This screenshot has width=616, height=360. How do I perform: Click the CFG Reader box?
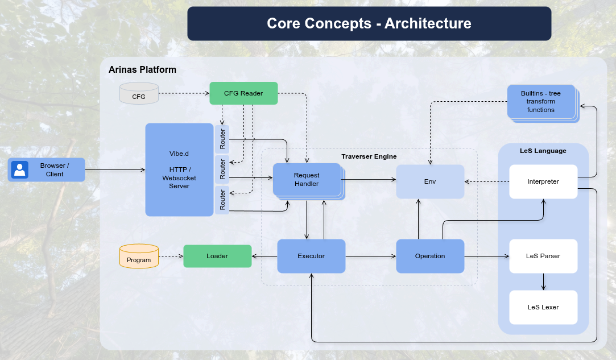pos(243,93)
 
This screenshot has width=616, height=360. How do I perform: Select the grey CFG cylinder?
pos(139,94)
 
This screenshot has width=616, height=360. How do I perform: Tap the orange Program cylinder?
pos(139,256)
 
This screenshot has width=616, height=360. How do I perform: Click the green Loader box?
pos(217,256)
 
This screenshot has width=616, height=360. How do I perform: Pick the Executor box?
pos(311,256)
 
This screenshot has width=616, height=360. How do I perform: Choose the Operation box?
pos(430,256)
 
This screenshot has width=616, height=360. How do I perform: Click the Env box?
pos(430,181)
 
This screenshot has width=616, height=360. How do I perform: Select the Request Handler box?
pos(307,180)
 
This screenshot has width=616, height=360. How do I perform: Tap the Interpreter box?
pos(543,181)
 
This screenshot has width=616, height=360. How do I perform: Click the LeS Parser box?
pos(543,256)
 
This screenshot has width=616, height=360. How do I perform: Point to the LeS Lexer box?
pos(543,307)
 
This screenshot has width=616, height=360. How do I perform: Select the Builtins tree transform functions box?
pos(540,101)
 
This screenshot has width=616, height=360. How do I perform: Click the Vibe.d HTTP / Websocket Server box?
pos(179,169)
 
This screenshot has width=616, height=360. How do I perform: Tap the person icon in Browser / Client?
pos(20,169)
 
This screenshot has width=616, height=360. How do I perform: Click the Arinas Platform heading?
pos(142,69)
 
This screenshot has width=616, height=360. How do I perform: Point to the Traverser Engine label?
pos(369,156)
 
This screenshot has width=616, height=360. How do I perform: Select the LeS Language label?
pos(543,151)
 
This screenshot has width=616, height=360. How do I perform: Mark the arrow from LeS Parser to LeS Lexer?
pos(543,282)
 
